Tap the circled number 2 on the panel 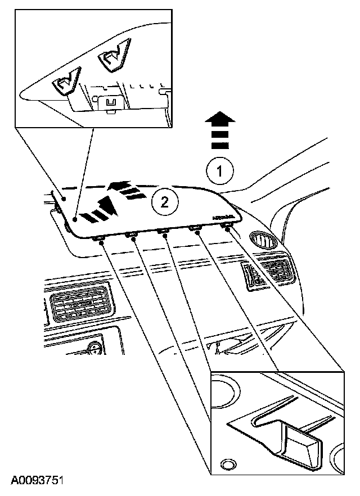(164, 201)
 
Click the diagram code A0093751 (37, 481)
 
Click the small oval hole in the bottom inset (228, 464)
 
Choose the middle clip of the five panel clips (164, 232)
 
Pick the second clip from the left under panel (132, 236)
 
